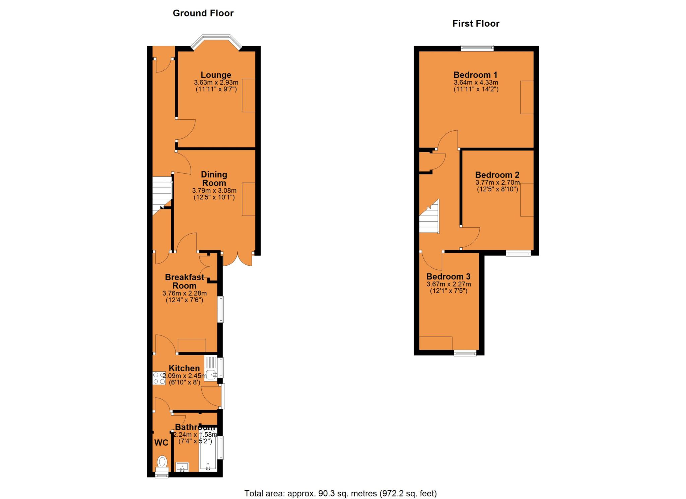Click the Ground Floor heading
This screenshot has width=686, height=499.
coord(203,13)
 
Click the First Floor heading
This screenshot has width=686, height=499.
coord(476,23)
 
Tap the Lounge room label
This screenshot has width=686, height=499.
coord(216,75)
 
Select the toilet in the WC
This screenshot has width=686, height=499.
coord(162,462)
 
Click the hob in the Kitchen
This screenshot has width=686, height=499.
coord(159,378)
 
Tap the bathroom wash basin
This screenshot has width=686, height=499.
coord(183,466)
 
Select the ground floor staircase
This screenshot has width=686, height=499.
coord(162,194)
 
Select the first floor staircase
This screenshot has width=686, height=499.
coord(429,218)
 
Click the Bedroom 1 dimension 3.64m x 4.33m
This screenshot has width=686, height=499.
coord(476,82)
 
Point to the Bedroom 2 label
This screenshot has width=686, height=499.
coord(497,175)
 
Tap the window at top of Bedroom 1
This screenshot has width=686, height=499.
coord(477,48)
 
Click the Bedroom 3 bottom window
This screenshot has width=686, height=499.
coord(465,353)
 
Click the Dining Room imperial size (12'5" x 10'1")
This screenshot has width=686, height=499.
coord(214,197)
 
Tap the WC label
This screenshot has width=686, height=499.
coord(161,443)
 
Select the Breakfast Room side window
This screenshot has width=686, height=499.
coord(221,309)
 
